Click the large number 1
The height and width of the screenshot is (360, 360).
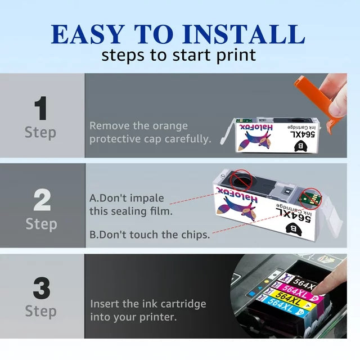click(x=40, y=109)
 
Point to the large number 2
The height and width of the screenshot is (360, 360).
click(x=41, y=200)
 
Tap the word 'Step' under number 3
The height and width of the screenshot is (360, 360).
click(x=40, y=310)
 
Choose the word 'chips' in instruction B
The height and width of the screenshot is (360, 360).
click(x=193, y=235)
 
